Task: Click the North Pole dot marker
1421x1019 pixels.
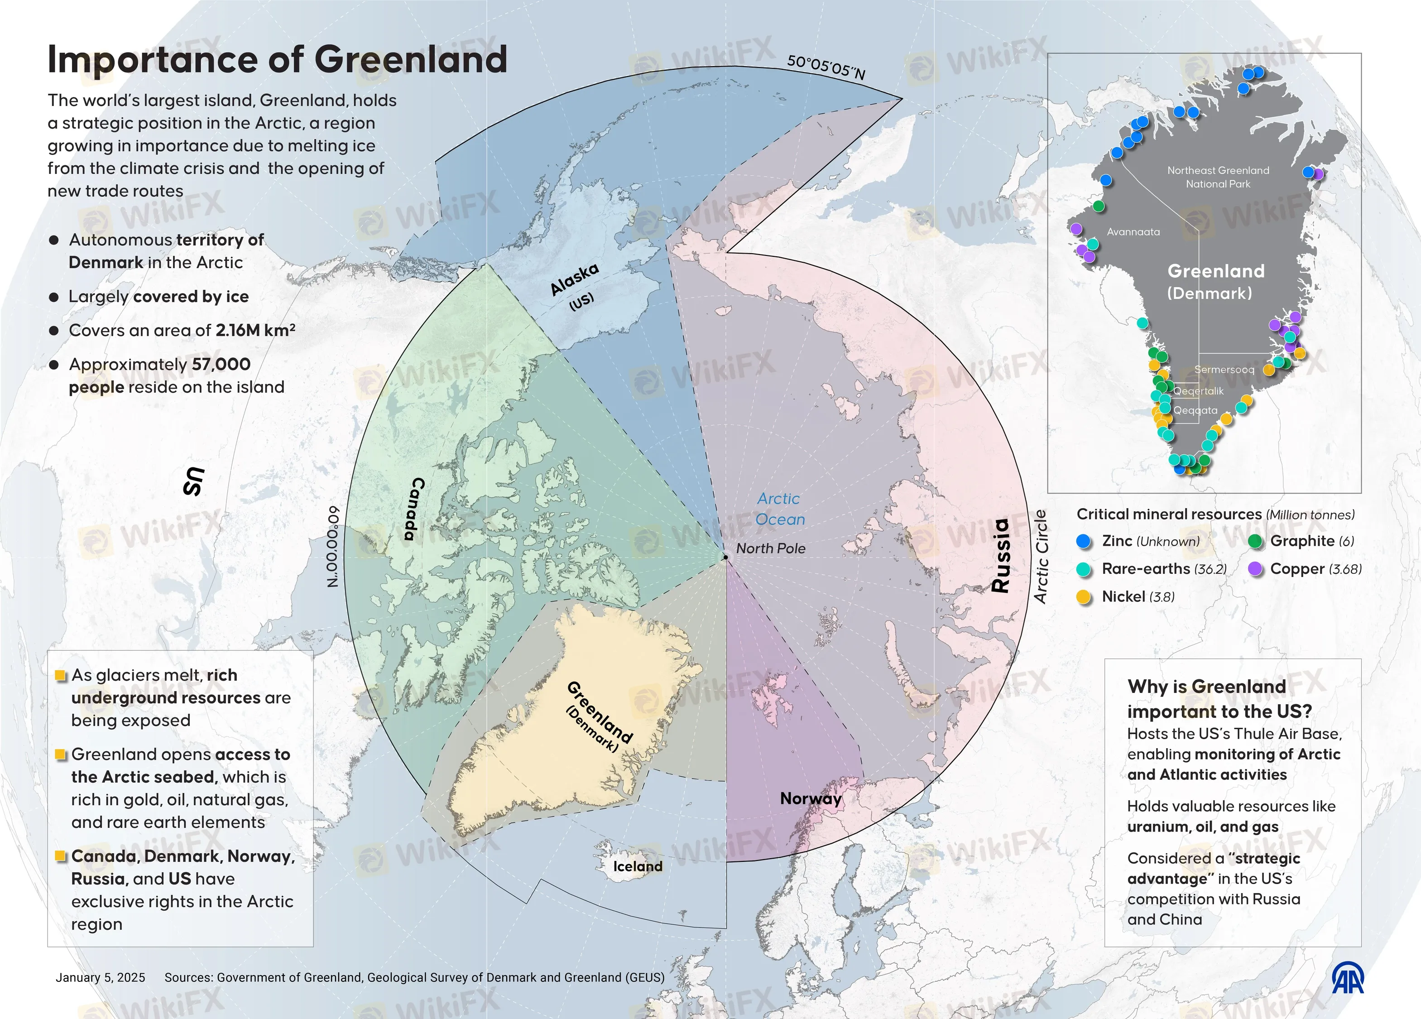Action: [725, 557]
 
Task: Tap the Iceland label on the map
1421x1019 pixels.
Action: [637, 866]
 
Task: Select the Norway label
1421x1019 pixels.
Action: [810, 798]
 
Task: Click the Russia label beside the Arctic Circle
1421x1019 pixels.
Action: [1001, 555]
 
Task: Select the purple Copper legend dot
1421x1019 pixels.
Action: [1255, 569]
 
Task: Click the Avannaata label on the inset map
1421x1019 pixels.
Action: [1133, 232]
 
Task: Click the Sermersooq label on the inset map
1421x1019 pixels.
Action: [1224, 370]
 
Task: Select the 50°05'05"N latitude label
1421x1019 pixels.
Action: [826, 67]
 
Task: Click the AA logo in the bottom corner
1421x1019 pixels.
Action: [1347, 978]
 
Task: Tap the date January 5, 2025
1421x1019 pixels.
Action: [100, 978]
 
